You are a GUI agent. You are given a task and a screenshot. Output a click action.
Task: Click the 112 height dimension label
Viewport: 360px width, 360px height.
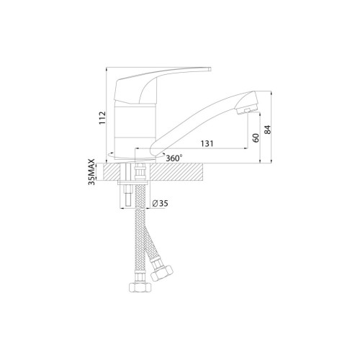(x=102, y=117)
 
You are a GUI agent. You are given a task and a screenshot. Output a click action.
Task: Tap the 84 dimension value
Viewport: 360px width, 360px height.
(x=267, y=130)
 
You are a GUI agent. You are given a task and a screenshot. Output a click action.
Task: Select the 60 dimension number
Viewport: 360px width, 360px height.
(x=256, y=138)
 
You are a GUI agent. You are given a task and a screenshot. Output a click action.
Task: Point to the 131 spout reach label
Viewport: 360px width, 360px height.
(x=207, y=143)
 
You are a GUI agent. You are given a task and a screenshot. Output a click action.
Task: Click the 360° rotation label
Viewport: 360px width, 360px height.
(x=174, y=158)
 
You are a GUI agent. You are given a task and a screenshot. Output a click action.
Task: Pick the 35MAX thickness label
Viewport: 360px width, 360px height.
(x=91, y=171)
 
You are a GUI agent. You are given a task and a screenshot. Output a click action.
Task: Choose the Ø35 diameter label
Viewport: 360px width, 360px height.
(x=160, y=204)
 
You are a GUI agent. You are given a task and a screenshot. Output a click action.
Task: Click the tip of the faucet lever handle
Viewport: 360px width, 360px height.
(x=210, y=69)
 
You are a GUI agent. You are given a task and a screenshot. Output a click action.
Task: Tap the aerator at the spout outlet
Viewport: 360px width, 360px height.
(x=247, y=110)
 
